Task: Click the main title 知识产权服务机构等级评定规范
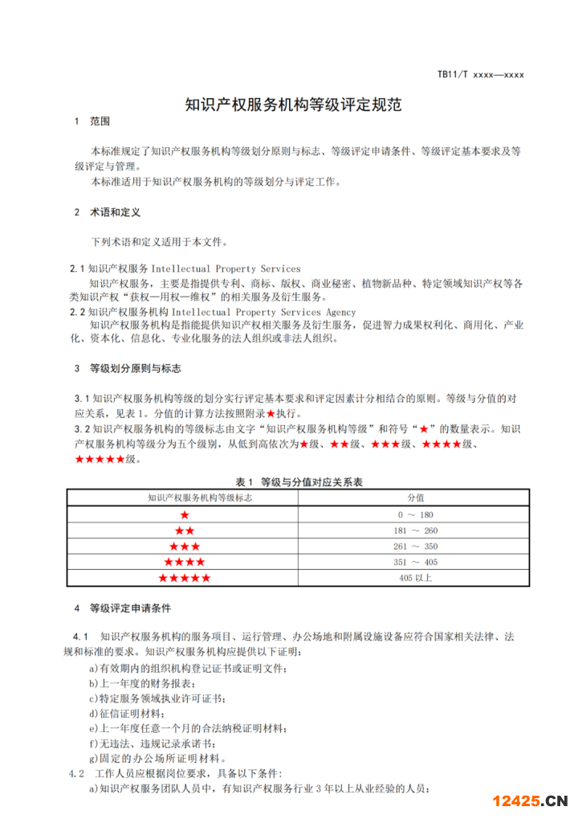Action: (x=293, y=104)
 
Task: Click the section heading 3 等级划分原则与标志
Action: (x=128, y=369)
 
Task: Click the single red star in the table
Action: (x=185, y=514)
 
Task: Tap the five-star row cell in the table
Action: (x=185, y=579)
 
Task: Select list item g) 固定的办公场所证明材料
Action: (x=157, y=758)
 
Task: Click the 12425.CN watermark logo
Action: (x=530, y=801)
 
